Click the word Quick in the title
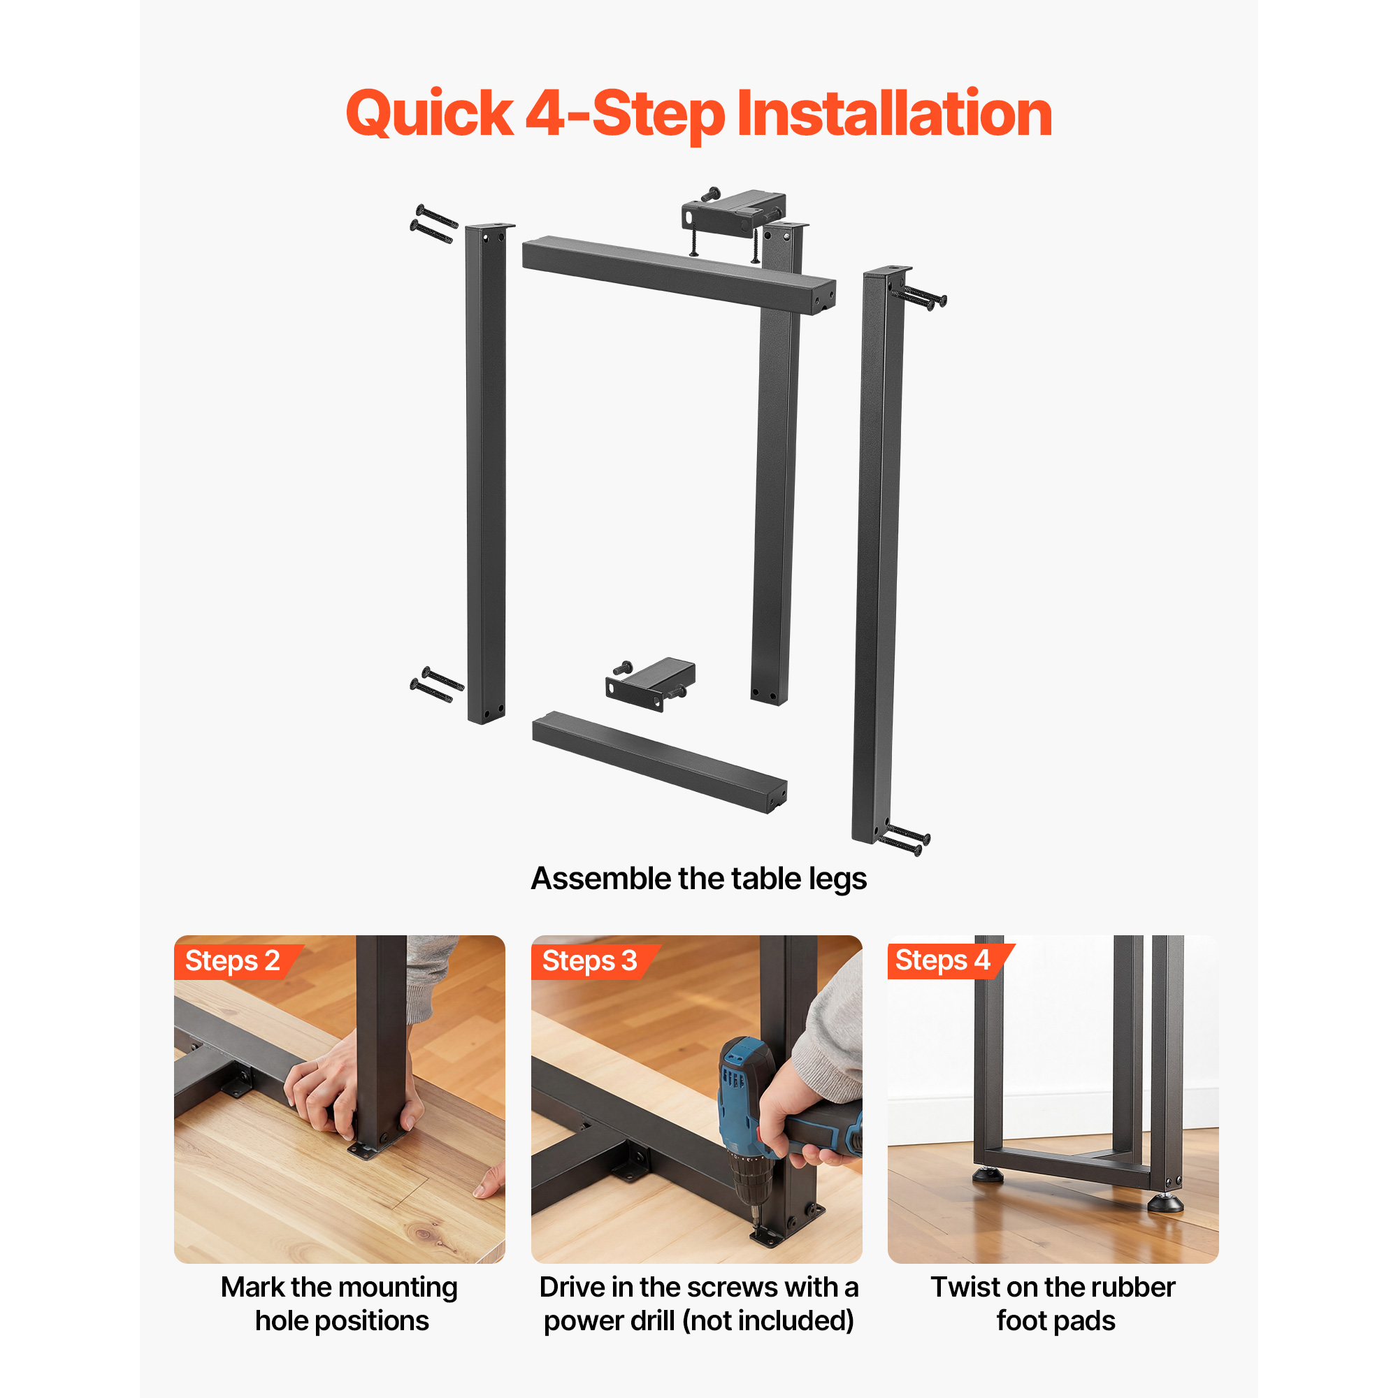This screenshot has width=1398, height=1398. tap(430, 115)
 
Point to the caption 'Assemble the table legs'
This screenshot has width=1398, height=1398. tap(698, 879)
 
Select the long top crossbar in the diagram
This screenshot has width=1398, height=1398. tap(679, 275)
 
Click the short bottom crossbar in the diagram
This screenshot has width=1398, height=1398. tap(659, 762)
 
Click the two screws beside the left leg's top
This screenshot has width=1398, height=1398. tap(434, 224)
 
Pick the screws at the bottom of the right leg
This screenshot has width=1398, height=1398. tap(904, 840)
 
